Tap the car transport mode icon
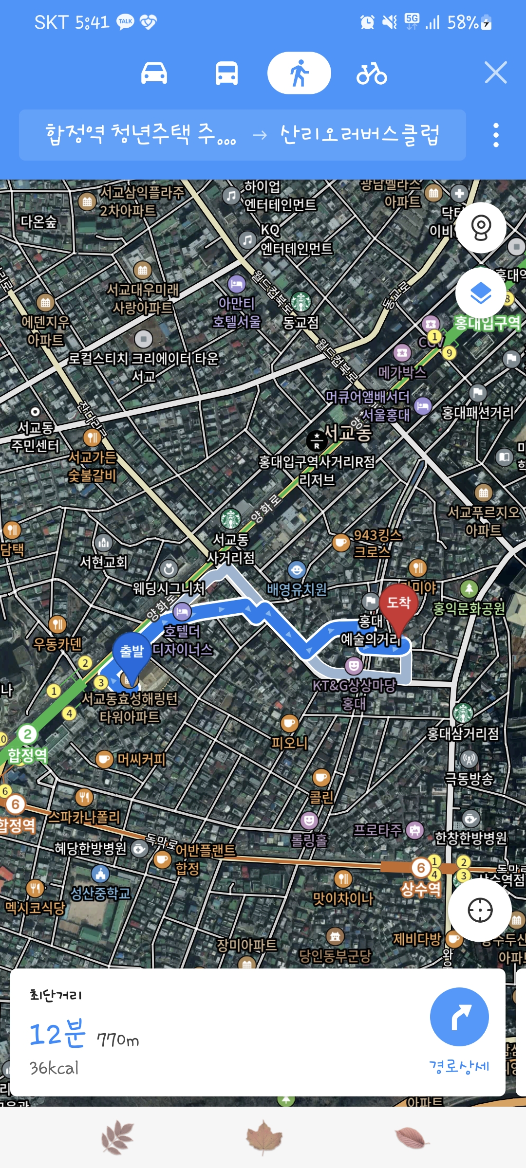[154, 73]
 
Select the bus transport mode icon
[226, 73]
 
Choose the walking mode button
[299, 73]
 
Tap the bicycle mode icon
[372, 73]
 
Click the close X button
[495, 73]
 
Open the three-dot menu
[496, 135]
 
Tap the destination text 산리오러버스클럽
[360, 135]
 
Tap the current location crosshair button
[480, 910]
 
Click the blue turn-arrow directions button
[459, 1017]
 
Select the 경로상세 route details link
[459, 1066]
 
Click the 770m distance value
[118, 1040]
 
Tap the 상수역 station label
[420, 889]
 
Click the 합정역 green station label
[27, 755]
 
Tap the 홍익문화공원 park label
[469, 608]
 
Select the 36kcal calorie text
[54, 1068]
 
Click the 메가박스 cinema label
[402, 372]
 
